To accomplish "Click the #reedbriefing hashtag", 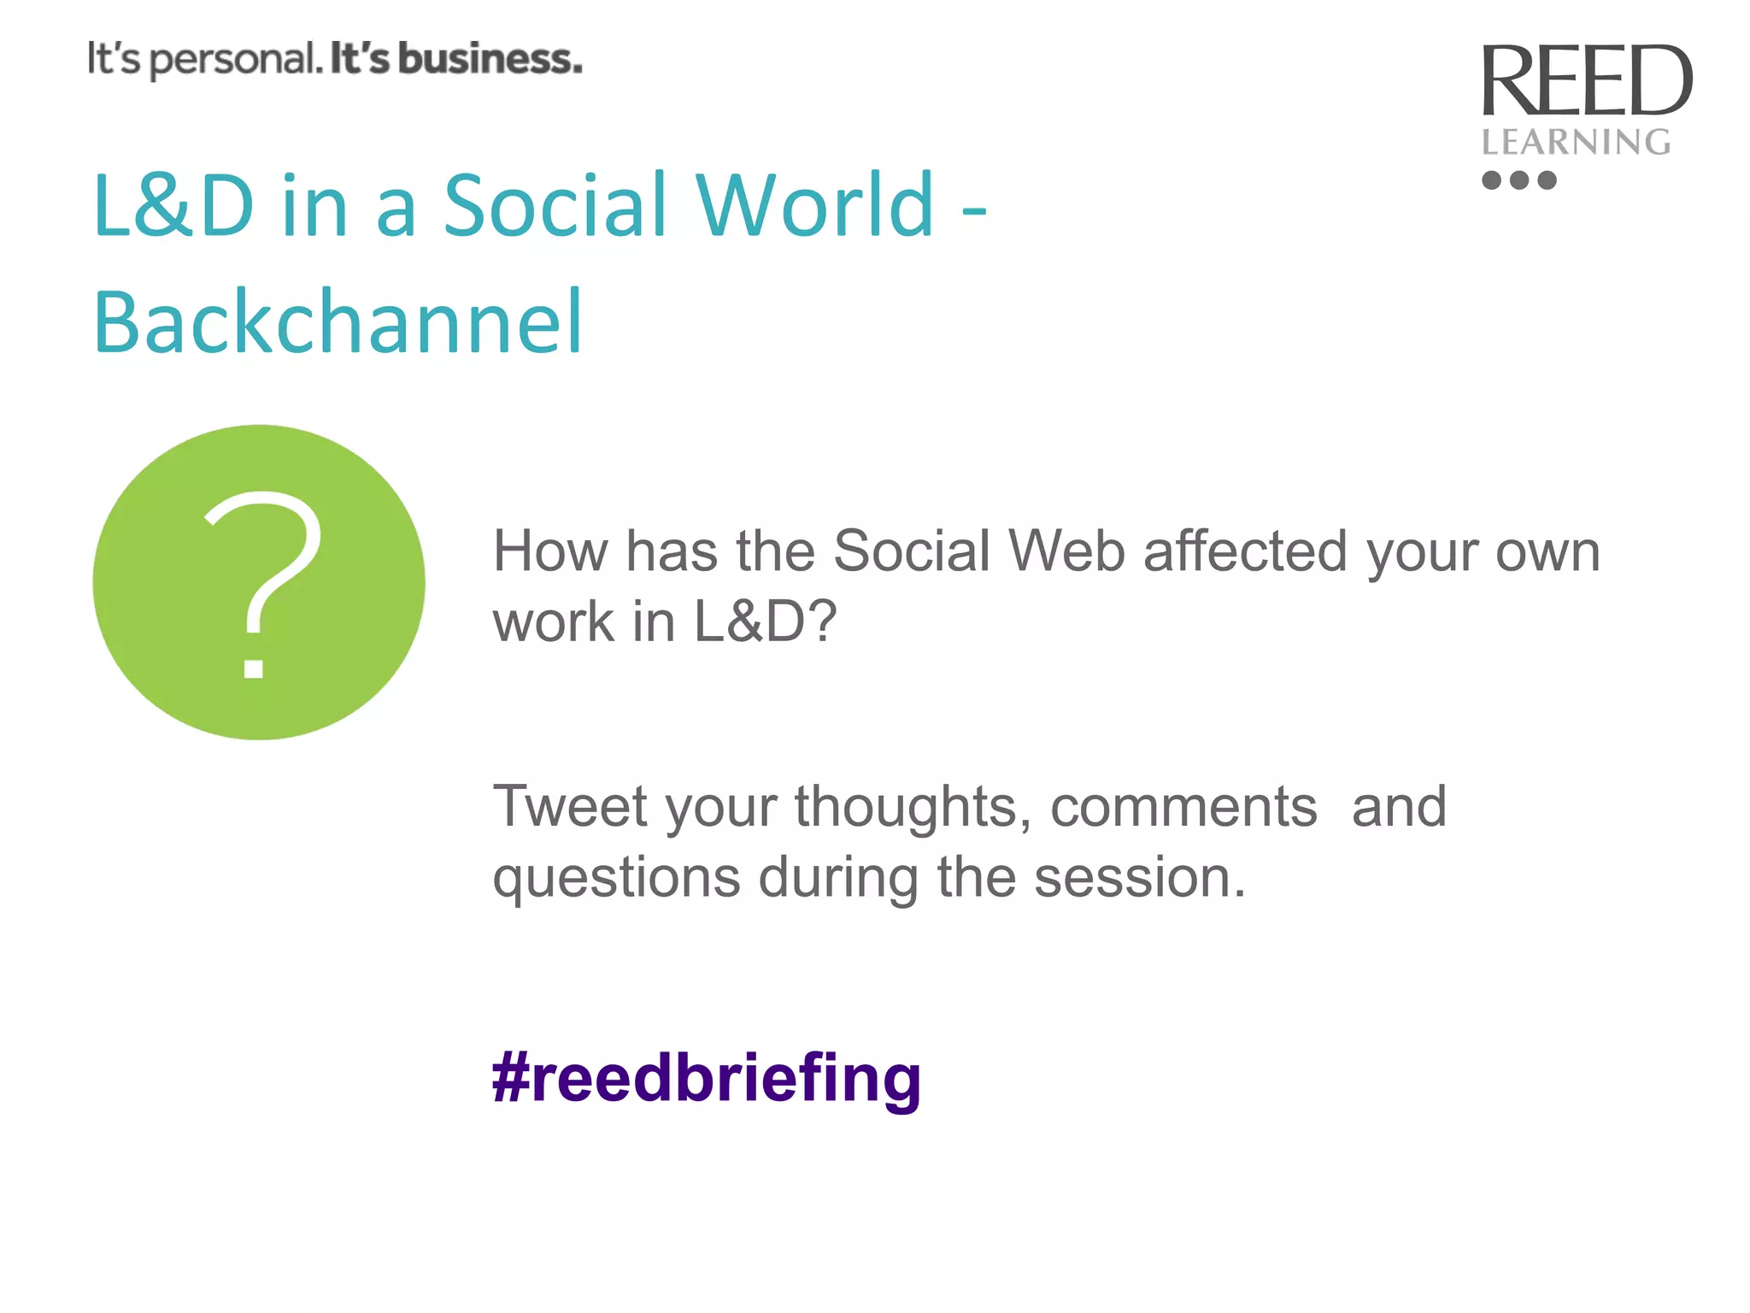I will [x=707, y=1080].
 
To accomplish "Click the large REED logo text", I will [x=1586, y=80].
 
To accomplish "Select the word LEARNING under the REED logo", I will [x=1576, y=142].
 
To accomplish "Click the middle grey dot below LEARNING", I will [x=1519, y=180].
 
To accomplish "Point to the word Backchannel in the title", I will [x=338, y=322].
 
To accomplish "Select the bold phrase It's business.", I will [x=456, y=59].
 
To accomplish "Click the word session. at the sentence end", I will [x=1140, y=878].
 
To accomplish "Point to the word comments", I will [x=1183, y=807].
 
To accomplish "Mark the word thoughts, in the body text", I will [x=913, y=807].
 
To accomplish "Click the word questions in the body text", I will [x=616, y=880].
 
